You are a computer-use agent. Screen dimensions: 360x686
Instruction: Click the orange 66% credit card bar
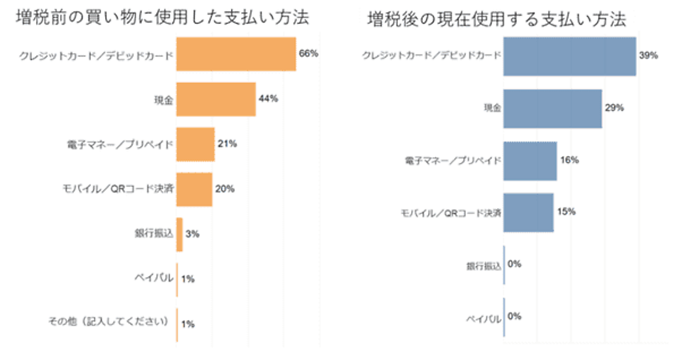(x=236, y=54)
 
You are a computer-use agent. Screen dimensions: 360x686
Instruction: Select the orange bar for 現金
(x=216, y=99)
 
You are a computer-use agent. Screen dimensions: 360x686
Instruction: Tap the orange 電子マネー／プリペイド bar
(x=195, y=144)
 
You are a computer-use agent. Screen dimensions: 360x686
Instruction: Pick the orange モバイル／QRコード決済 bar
(x=194, y=189)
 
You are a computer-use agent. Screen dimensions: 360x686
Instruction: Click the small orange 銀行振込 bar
(x=180, y=234)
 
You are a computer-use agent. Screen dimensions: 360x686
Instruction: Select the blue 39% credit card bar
(x=569, y=56)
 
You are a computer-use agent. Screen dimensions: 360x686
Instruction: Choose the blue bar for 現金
(x=552, y=109)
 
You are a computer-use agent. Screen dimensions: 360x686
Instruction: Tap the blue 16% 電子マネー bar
(x=530, y=161)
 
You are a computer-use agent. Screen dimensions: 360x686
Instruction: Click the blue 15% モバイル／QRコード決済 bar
(x=528, y=213)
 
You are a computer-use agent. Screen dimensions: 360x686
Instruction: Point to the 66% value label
(x=309, y=54)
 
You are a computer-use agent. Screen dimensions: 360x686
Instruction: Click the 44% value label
(x=268, y=98)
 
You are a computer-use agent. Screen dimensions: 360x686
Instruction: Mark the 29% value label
(x=615, y=108)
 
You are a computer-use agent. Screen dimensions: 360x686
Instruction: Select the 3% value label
(x=192, y=234)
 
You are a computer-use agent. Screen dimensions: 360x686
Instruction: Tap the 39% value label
(x=649, y=55)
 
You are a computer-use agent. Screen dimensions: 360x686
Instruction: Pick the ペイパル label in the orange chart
(x=156, y=278)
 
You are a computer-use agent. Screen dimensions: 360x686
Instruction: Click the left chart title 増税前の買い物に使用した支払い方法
(x=162, y=18)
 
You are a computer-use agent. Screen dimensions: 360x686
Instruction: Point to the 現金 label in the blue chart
(x=492, y=108)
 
